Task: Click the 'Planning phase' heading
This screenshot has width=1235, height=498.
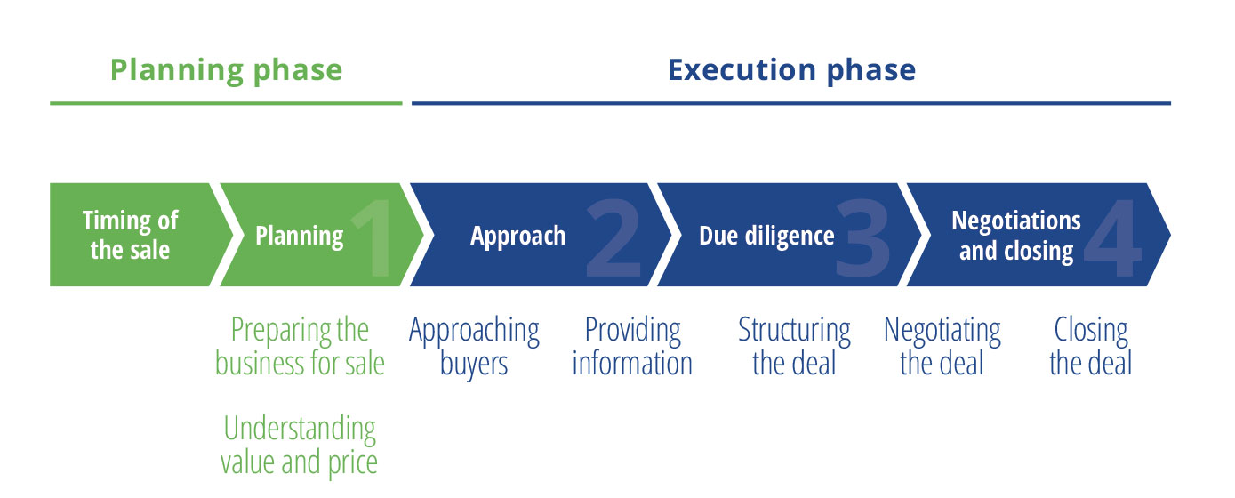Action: click(x=226, y=71)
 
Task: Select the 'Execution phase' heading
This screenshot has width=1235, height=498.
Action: click(x=791, y=70)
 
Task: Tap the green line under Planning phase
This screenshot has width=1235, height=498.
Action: click(x=226, y=103)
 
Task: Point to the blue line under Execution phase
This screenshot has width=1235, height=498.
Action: click(x=791, y=103)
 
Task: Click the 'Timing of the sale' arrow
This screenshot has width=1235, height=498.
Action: click(x=138, y=235)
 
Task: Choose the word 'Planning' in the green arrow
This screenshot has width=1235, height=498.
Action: click(x=300, y=237)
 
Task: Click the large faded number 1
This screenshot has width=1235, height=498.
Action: click(x=372, y=238)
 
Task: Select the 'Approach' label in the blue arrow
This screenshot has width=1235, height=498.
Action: click(x=517, y=237)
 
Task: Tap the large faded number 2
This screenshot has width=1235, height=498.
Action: click(x=613, y=238)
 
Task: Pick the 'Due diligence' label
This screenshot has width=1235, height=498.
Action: click(x=766, y=236)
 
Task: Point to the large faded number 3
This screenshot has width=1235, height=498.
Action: click(x=862, y=238)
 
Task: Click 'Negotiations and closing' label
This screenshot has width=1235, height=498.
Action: click(x=1016, y=236)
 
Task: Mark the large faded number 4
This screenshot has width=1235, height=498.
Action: click(x=1112, y=238)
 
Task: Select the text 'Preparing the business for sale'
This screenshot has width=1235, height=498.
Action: click(x=300, y=346)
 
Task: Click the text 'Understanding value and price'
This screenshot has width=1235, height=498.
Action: click(x=300, y=445)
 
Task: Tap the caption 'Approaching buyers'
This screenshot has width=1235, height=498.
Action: click(x=474, y=347)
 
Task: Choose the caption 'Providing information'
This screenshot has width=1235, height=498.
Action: click(x=632, y=346)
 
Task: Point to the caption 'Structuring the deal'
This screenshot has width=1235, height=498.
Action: click(x=795, y=346)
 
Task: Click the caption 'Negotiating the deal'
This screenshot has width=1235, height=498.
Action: click(x=942, y=346)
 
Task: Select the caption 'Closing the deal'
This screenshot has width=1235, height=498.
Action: click(x=1091, y=346)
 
